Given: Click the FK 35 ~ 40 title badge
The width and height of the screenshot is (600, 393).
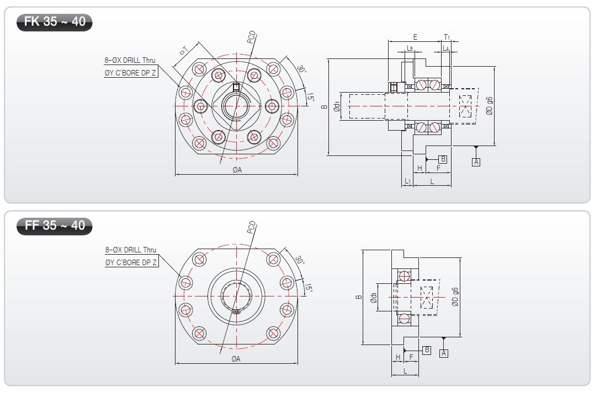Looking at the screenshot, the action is point(54,21).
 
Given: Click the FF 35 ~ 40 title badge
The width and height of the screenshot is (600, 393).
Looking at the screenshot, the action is point(54,226).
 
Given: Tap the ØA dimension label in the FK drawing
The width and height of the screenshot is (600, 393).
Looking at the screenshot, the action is point(237,170).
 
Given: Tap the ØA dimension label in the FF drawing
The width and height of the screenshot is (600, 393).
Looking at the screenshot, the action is point(236,359).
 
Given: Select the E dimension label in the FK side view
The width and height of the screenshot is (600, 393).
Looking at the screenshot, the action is point(415,37).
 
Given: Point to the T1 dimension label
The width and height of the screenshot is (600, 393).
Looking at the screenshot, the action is point(447,37).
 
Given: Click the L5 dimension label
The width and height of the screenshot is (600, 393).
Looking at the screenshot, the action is point(410,48).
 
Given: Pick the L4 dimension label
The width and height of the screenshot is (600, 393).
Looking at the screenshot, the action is point(446,48).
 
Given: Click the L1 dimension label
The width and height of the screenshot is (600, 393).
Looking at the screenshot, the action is point(408,181).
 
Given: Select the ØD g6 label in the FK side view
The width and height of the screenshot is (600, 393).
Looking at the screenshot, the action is point(489,106).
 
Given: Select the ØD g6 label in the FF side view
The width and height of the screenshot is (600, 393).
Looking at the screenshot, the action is point(455,297).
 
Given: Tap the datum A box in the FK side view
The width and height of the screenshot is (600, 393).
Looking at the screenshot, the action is point(476,162).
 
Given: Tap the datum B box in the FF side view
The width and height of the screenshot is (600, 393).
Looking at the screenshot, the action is point(427,350).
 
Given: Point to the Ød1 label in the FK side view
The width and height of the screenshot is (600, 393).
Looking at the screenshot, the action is point(337,106).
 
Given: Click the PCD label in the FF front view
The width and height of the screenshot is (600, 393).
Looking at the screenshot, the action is point(251,227).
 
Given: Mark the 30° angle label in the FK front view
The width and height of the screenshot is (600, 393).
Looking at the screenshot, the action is point(301,69).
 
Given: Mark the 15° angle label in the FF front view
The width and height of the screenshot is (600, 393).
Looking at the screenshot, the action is point(309,288).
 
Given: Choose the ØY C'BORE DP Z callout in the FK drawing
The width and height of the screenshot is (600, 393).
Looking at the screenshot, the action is point(130,73).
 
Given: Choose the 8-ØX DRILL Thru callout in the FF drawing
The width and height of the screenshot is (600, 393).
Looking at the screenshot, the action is point(131,250).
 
